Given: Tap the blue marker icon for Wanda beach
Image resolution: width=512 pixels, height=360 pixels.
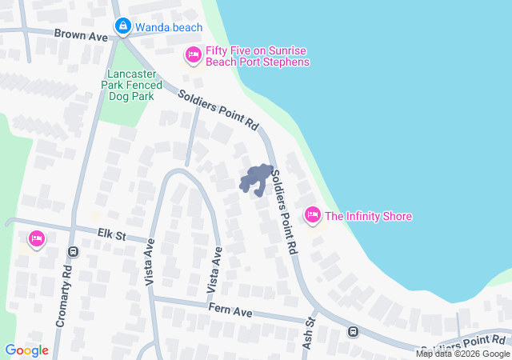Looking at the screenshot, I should tap(122, 27).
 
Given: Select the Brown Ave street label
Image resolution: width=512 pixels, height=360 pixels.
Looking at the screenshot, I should tap(81, 35).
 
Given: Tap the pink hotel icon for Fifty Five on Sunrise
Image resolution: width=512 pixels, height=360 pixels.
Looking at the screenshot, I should tap(193, 55).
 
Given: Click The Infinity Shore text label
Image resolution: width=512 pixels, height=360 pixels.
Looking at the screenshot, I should tap(368, 216).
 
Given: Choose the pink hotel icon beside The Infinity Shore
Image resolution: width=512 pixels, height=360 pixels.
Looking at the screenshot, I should tap(312, 215).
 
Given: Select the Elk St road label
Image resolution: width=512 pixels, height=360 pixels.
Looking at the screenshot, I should tap(113, 234).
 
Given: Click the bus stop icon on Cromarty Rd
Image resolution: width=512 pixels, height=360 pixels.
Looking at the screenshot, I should tap(74, 251).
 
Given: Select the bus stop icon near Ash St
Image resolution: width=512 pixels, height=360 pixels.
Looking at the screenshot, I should tap(353, 331).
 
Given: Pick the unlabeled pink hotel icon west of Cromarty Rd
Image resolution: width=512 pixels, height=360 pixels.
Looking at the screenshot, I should tap(36, 238).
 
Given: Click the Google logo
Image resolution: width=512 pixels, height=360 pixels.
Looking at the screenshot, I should tap(26, 350).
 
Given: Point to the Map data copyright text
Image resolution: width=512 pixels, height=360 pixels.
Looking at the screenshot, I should tap(462, 354).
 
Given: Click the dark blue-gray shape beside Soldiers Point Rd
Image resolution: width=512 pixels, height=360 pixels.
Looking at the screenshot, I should tap(257, 179).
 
